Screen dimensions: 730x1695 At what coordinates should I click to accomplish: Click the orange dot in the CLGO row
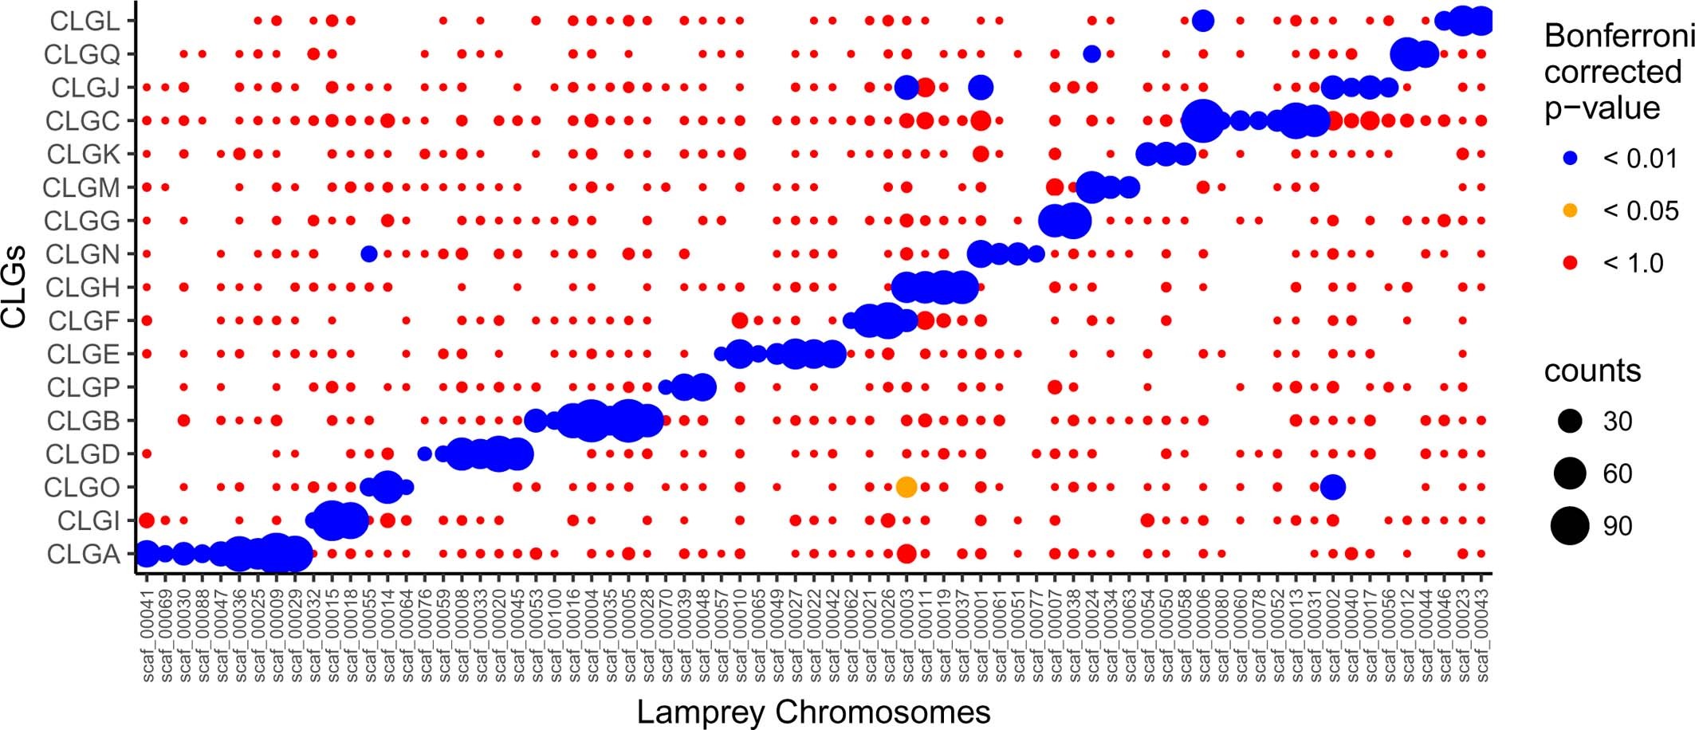[x=906, y=487]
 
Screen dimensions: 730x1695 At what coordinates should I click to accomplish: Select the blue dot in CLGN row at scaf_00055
[x=368, y=254]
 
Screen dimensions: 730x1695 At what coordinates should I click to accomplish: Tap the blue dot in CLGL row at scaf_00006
[x=1203, y=21]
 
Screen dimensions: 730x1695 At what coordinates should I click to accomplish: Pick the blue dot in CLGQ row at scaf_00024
[x=1092, y=54]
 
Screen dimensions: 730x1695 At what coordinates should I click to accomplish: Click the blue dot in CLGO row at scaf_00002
[x=1332, y=487]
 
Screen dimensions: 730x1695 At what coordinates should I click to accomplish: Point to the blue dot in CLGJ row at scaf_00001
[x=981, y=88]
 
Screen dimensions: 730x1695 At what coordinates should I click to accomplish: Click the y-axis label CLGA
[x=83, y=554]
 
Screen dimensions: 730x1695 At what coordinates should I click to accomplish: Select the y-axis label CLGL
[x=85, y=21]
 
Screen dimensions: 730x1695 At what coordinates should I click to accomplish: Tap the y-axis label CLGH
[x=83, y=287]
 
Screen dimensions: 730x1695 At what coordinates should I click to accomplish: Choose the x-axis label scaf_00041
[x=147, y=635]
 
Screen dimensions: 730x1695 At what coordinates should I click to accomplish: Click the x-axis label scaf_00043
[x=1481, y=635]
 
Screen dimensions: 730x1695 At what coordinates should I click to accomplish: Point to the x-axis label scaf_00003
[x=906, y=635]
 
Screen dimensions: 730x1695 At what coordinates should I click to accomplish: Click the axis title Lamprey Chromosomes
[x=813, y=712]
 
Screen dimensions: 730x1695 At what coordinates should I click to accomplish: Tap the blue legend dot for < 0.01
[x=1570, y=159]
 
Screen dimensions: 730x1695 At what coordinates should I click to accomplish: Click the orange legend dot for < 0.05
[x=1570, y=211]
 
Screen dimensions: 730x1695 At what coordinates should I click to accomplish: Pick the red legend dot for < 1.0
[x=1570, y=263]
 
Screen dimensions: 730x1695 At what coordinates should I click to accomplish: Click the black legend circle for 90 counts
[x=1570, y=526]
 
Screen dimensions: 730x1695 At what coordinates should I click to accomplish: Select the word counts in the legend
[x=1592, y=371]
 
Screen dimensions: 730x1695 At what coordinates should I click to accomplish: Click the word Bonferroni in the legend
[x=1618, y=36]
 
